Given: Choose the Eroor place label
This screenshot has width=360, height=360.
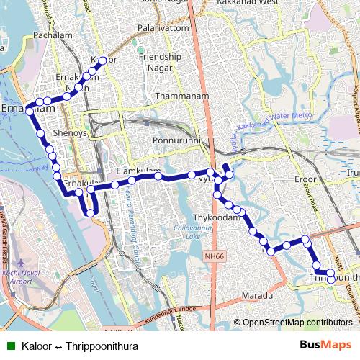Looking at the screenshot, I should click(310, 179).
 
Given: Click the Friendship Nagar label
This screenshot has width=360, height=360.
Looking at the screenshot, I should click(160, 62).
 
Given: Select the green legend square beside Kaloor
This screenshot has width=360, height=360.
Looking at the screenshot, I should click(11, 346).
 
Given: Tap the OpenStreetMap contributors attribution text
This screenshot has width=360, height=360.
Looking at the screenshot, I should click(292, 323).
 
